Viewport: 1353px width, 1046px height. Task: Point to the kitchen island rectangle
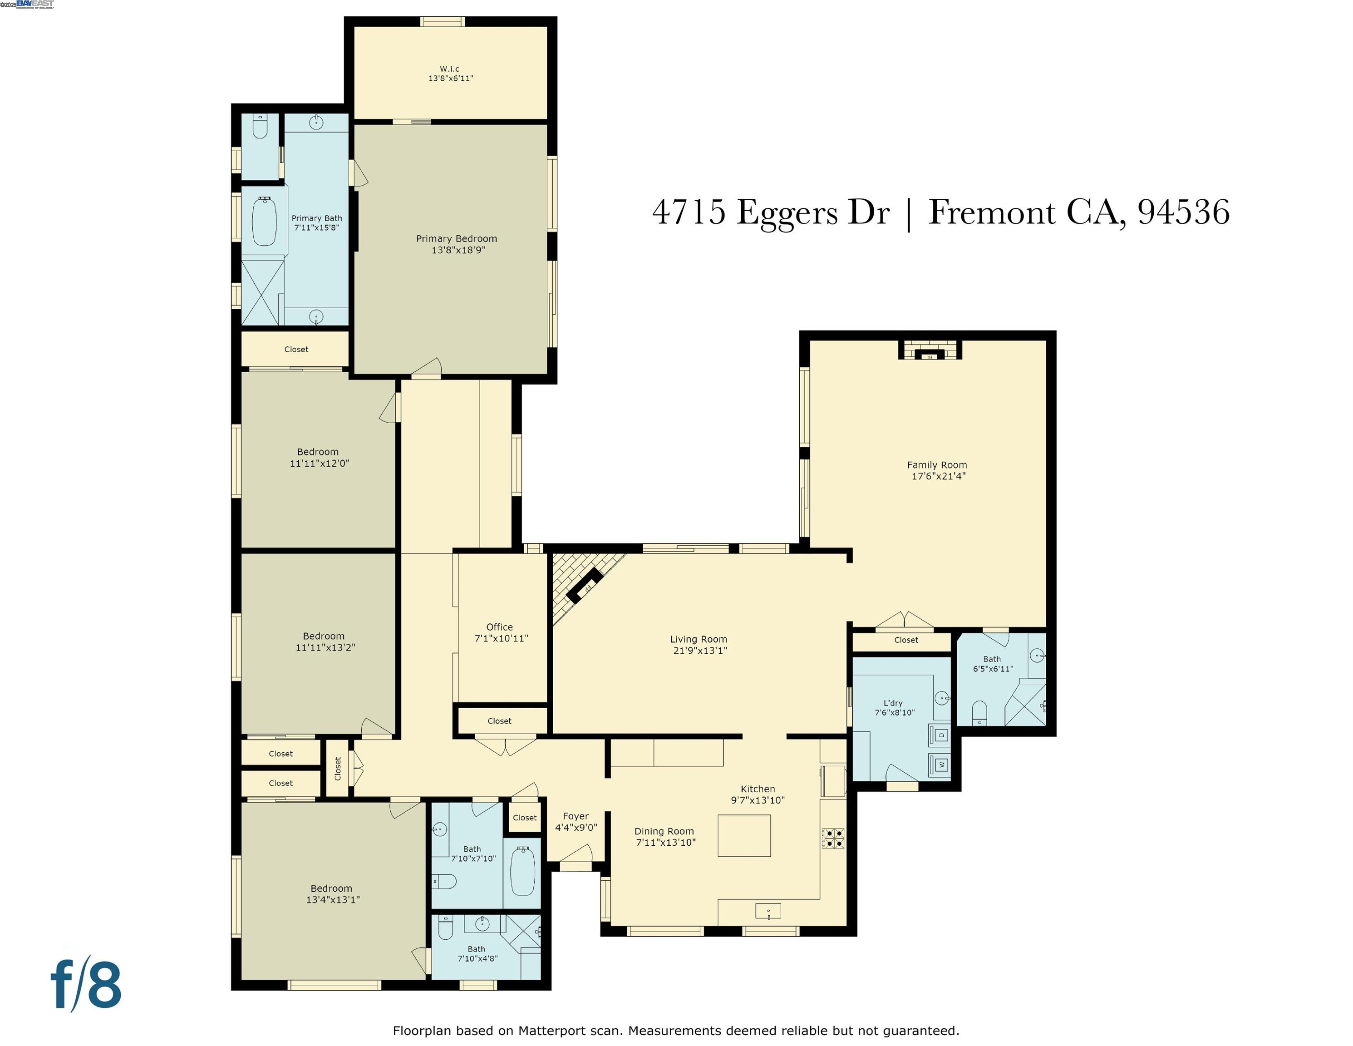[743, 835]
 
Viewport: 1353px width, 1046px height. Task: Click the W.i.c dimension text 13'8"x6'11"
[450, 79]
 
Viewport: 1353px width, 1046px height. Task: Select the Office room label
[499, 627]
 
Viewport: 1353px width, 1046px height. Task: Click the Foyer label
[576, 816]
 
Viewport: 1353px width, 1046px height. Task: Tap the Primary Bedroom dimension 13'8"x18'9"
[458, 250]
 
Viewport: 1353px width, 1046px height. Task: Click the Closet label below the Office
[499, 720]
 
